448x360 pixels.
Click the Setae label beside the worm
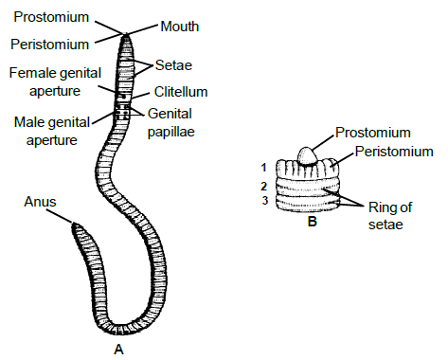click(x=175, y=67)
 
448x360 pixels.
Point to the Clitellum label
click(x=182, y=92)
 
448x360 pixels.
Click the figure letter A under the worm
click(x=118, y=350)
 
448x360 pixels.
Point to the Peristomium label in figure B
click(x=393, y=152)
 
